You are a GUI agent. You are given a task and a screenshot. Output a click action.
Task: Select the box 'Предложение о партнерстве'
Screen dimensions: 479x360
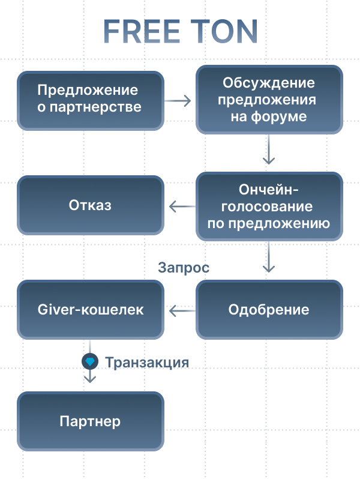90,100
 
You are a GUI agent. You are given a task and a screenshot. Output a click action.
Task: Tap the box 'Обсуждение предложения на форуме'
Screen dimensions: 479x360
269,100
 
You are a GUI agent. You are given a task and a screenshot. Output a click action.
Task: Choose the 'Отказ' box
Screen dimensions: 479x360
90,205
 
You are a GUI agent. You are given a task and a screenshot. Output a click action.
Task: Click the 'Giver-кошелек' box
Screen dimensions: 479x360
90,310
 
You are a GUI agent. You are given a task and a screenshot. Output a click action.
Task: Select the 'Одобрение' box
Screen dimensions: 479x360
269,310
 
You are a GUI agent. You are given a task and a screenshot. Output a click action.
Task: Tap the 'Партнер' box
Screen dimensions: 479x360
90,421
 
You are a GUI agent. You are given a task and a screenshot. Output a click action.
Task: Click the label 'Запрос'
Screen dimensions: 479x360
184,268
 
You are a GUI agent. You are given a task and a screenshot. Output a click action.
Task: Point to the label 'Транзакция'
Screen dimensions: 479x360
147,362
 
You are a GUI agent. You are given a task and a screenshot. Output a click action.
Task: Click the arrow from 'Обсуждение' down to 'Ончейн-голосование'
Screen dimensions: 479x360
269,150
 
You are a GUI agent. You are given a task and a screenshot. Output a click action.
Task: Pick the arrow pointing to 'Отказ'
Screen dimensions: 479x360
182,206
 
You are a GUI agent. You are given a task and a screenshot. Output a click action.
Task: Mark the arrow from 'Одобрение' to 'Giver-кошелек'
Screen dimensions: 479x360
182,310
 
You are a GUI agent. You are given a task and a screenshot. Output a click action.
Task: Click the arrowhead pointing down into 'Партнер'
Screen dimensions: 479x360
89,379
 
